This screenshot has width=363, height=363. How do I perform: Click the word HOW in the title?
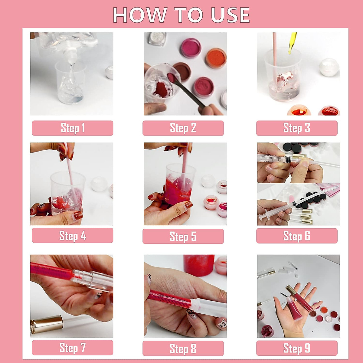[x=140, y=15]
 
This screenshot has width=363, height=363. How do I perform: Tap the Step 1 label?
[x=73, y=128]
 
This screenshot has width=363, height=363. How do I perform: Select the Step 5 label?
[x=183, y=236]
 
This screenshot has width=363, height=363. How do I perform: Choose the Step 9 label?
[x=297, y=348]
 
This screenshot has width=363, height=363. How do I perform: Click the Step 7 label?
[x=73, y=348]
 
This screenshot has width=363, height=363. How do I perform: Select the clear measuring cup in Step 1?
[x=70, y=82]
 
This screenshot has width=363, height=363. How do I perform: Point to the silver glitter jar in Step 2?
[x=157, y=39]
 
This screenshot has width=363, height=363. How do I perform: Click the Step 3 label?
[x=297, y=128]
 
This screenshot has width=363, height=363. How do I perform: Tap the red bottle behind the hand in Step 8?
[x=198, y=266]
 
